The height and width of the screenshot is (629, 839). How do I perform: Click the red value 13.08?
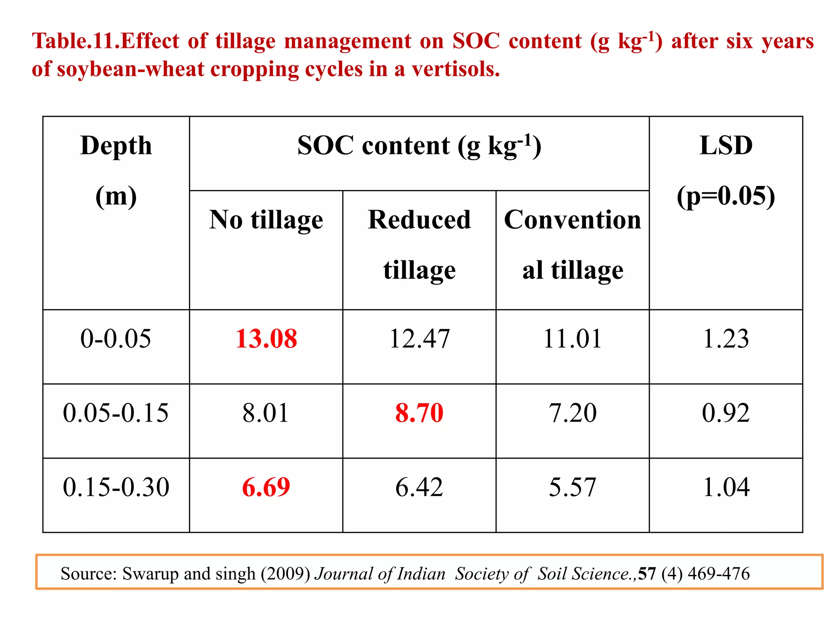[x=266, y=339]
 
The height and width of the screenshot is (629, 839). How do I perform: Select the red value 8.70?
[x=419, y=413]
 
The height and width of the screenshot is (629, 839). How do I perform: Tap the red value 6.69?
[x=266, y=487]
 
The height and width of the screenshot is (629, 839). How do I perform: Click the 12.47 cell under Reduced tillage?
[x=419, y=339]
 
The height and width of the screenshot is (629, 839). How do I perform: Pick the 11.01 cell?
[x=572, y=339]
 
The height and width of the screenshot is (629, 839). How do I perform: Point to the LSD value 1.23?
[x=726, y=339]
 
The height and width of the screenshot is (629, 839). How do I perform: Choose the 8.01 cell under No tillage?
[x=266, y=413]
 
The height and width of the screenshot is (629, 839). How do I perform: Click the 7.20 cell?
[x=572, y=413]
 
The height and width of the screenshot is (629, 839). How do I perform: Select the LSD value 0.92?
[x=726, y=413]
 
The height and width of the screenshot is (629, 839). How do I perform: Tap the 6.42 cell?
[x=419, y=487]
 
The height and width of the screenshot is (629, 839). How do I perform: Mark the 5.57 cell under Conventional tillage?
[x=572, y=487]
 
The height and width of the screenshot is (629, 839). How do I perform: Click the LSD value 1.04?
[x=726, y=487]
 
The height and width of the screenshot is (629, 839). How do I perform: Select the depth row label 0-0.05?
[x=116, y=339]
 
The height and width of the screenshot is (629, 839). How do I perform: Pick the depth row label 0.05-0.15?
[x=116, y=413]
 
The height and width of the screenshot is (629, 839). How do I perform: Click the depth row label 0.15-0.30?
[x=116, y=487]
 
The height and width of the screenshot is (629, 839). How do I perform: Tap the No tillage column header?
[x=266, y=220]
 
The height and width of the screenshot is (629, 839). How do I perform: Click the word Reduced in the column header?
[x=419, y=220]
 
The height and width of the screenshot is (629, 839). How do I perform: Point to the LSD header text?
[x=726, y=145]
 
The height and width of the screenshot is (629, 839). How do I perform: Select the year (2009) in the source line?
[x=286, y=574]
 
